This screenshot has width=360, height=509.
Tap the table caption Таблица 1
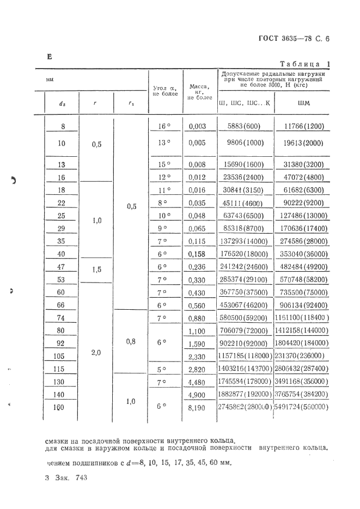308,64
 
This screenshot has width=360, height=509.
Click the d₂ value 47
61,267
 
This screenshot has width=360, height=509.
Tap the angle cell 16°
164,127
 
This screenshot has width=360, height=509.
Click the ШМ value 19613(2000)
302,144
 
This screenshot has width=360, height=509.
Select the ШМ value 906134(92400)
302,305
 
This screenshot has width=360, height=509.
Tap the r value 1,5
96,269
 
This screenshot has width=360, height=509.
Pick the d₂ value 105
61,356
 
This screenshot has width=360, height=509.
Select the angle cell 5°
164,368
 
